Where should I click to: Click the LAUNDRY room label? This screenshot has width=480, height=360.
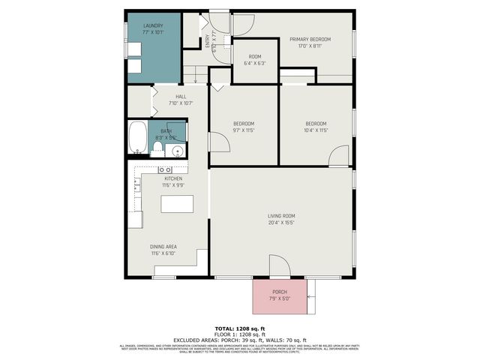[x=153, y=25]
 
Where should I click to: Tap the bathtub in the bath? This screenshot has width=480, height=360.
[x=138, y=139]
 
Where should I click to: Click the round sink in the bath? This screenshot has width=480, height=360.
[x=178, y=151]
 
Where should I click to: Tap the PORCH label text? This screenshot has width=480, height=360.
[x=280, y=292]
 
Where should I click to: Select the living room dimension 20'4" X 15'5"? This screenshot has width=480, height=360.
[x=281, y=222]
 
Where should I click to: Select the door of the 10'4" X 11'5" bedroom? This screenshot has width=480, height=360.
[x=338, y=156]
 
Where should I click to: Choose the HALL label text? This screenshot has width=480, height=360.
[x=181, y=96]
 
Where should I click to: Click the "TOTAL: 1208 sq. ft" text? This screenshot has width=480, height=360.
[x=239, y=328]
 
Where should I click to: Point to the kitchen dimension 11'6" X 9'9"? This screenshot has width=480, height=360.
[x=173, y=185]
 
